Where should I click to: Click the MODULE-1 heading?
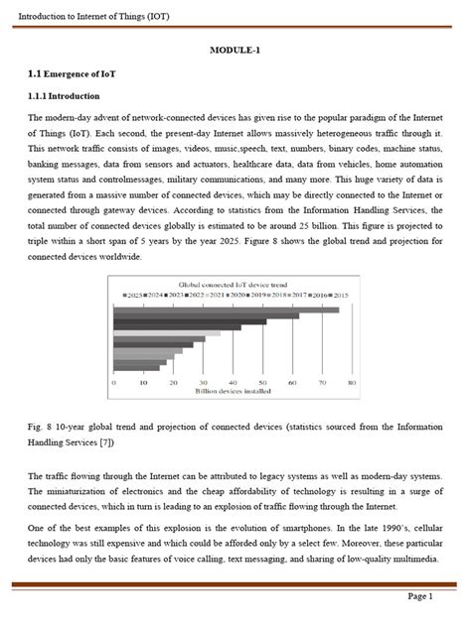235,51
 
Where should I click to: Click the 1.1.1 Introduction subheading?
64,96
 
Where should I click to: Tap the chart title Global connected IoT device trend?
234,285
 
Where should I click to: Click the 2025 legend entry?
135,295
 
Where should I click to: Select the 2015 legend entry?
338,295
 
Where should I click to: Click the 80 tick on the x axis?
351,381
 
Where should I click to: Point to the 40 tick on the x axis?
234,381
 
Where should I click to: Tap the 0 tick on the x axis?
115,381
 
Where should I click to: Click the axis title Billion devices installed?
234,393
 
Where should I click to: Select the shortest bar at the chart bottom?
137,369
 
